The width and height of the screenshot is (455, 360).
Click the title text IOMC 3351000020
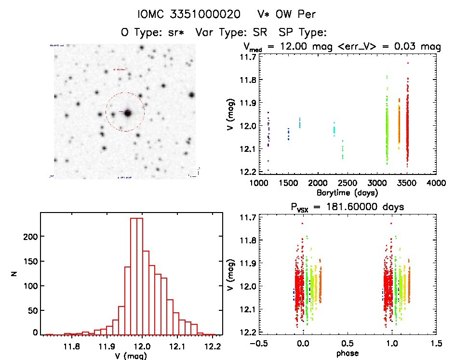point(189,14)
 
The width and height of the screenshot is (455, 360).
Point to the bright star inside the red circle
point(128,113)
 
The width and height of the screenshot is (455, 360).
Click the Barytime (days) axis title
point(348,192)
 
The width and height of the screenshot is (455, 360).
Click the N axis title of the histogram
point(15,274)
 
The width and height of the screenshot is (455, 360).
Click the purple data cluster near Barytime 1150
point(268,133)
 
